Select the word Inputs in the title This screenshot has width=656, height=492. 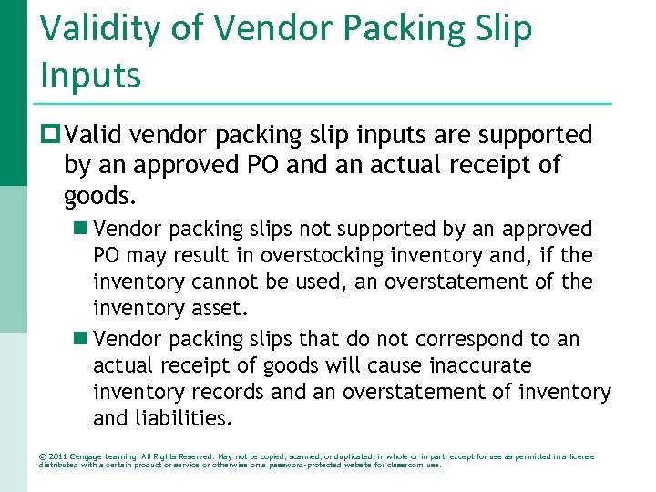[90, 75]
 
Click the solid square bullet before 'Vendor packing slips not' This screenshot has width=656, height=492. [80, 229]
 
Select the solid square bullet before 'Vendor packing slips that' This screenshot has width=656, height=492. [80, 339]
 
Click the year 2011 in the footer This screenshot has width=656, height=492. [56, 456]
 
